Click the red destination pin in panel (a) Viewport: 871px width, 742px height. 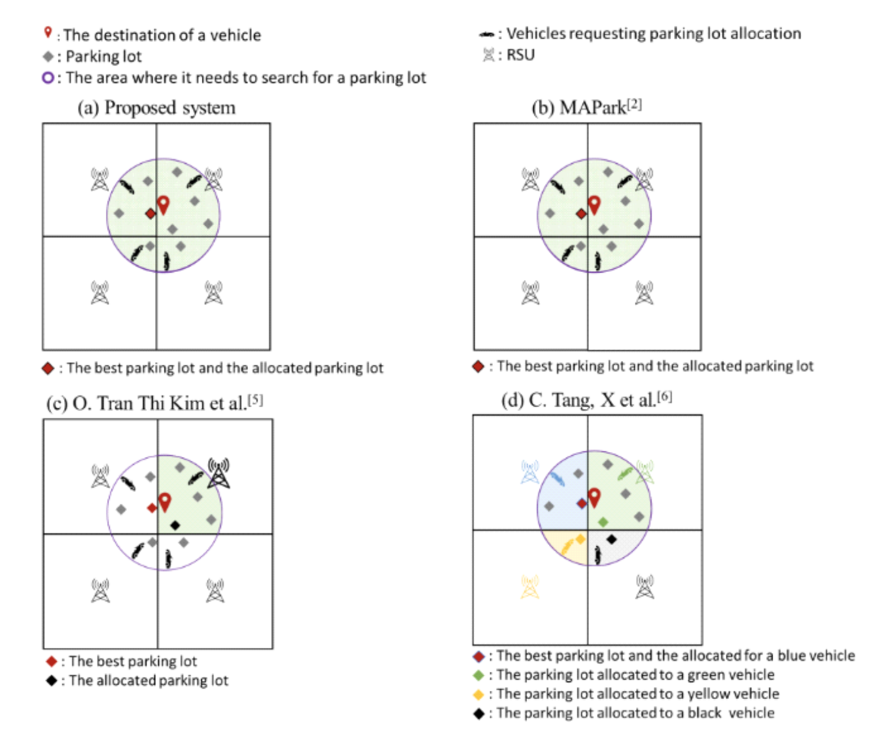[x=163, y=205]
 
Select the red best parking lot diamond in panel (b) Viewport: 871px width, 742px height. [x=581, y=214]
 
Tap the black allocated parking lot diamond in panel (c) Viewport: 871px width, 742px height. [x=175, y=525]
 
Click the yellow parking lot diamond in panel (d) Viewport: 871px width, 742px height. [x=581, y=539]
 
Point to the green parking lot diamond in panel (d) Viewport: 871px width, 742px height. [x=603, y=523]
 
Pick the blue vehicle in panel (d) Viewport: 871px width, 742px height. [x=557, y=479]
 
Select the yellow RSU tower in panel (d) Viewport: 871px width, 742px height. [x=530, y=587]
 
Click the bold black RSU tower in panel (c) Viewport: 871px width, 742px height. [x=219, y=473]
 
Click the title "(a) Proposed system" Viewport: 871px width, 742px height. [x=156, y=108]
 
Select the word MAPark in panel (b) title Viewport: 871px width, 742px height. [x=593, y=108]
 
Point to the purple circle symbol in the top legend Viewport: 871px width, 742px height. [x=48, y=78]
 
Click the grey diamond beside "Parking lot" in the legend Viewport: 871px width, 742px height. [x=48, y=56]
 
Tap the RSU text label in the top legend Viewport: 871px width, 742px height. [x=520, y=55]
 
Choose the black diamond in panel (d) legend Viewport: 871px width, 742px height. [x=478, y=713]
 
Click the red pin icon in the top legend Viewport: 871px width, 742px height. [x=48, y=32]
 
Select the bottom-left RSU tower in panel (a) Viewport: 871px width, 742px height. [x=100, y=293]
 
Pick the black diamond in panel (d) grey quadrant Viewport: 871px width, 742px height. [x=611, y=539]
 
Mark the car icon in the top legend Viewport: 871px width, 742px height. [x=487, y=34]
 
